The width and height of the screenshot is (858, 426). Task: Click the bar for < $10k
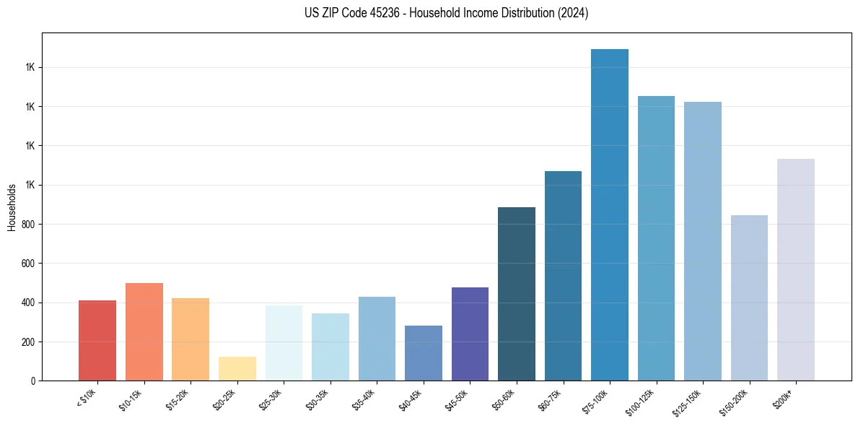pos(97,340)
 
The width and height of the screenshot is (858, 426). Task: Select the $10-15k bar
pos(144,331)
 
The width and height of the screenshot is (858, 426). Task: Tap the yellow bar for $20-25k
pos(237,368)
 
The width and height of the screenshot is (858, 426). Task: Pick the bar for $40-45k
pos(424,353)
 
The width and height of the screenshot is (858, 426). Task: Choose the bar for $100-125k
pos(656,238)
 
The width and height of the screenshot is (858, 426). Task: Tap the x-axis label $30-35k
pos(318,399)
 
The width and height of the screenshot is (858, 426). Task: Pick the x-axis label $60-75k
pos(551,399)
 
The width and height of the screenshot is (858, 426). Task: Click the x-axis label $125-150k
pos(689,401)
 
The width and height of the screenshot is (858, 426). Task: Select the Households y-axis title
pos(12,207)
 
